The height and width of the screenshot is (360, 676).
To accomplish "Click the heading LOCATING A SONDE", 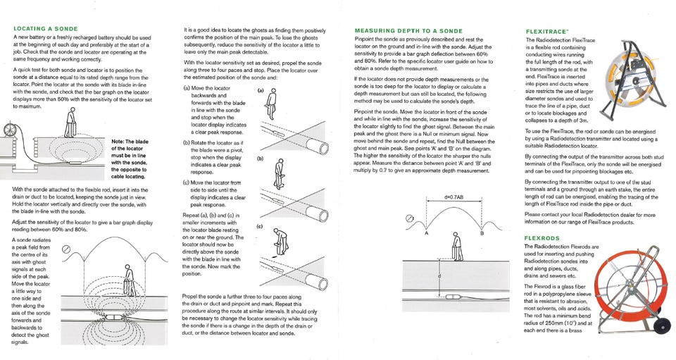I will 46,29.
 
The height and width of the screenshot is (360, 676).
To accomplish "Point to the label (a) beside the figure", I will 261,90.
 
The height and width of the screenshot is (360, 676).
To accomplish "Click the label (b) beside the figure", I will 261,159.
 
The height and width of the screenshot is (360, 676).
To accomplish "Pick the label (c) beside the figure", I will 261,227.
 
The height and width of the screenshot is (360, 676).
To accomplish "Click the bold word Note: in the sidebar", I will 125,142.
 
